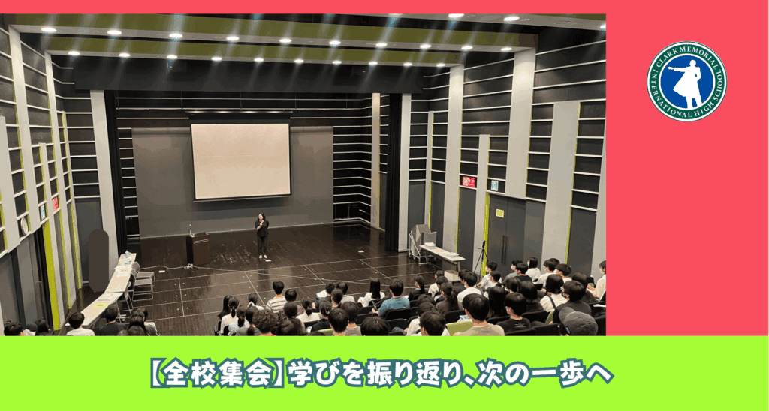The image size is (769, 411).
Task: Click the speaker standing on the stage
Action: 261,235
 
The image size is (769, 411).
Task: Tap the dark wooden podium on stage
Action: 198,248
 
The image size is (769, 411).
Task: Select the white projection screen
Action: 240,161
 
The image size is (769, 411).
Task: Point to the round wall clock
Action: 23,225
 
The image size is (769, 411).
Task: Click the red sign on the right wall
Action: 469,182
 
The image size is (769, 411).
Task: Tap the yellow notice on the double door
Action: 499,213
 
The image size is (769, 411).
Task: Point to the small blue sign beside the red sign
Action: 494,186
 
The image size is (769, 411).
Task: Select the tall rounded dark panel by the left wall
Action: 98,259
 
